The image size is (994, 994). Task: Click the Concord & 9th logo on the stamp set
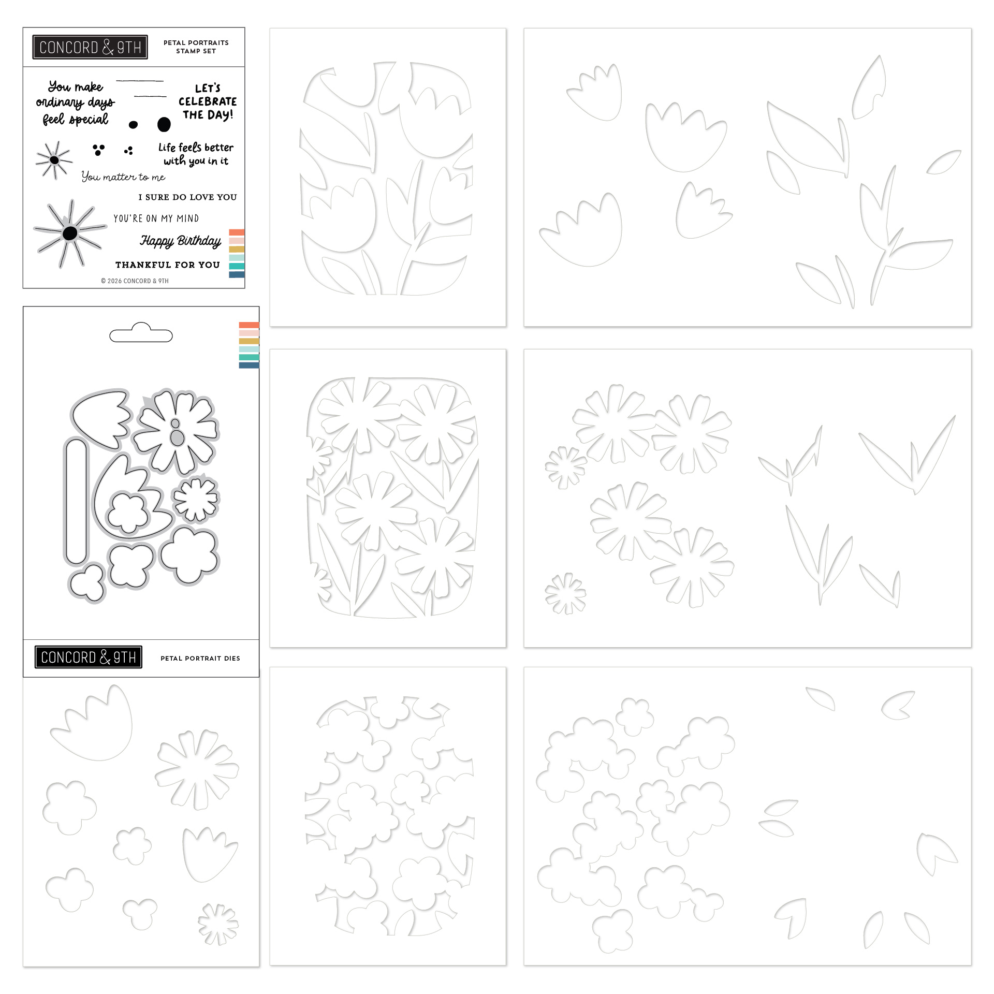pos(90,48)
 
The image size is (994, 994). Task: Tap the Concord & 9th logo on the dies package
pos(89,657)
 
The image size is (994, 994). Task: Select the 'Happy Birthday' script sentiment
pos(181,241)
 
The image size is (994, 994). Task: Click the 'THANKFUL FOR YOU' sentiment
pos(168,265)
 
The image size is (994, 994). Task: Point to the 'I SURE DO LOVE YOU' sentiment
pos(187,197)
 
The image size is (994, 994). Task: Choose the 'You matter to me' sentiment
pos(123,177)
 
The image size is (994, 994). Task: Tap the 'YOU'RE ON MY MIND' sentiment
pos(156,218)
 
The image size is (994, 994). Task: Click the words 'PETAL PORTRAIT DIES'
pos(200,659)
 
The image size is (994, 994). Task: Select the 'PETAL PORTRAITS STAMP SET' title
pos(196,47)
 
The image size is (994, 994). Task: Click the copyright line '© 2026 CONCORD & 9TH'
pos(135,281)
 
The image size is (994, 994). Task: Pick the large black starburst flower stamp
pos(69,233)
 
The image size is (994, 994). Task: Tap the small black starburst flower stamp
pos(54,160)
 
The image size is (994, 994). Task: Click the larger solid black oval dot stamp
pos(164,124)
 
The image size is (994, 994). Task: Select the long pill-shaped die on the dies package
pos(76,501)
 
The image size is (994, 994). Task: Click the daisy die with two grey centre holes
pos(174,431)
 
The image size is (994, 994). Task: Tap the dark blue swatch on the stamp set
pos(237,274)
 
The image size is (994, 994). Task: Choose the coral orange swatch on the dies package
pos(249,325)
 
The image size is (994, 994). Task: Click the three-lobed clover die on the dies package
pos(86,583)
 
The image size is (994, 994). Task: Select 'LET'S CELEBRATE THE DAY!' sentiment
pos(208,101)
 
